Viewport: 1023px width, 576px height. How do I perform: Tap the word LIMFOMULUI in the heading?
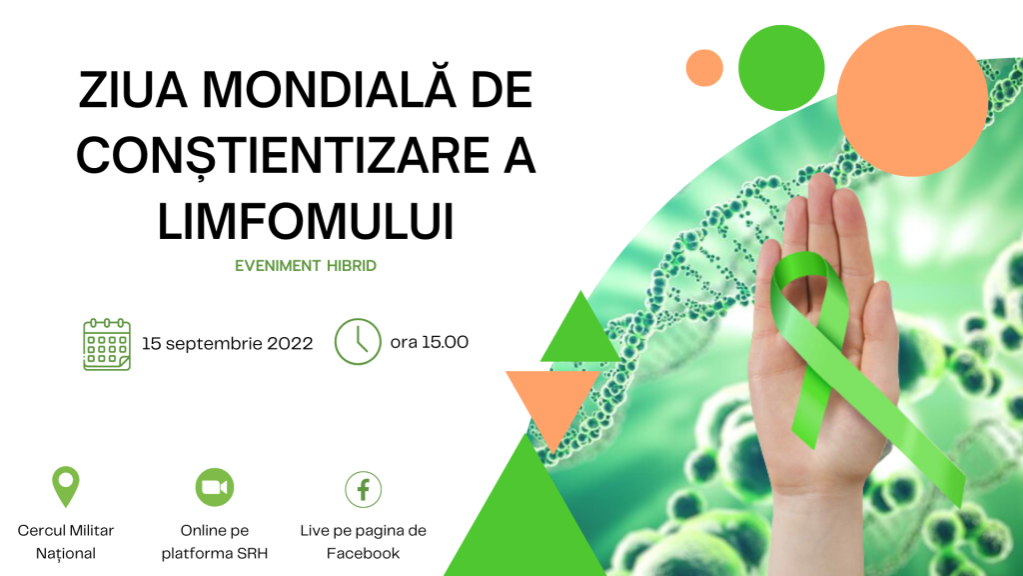pos(306,221)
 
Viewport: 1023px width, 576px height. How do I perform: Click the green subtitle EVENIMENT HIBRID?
pos(306,266)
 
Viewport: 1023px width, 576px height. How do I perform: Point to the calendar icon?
pos(107,344)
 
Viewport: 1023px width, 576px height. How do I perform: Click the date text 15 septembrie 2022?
pos(227,344)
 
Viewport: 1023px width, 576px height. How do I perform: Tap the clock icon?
pos(358,342)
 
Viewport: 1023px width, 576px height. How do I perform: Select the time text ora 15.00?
pos(430,342)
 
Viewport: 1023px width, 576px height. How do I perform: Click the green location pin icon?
pos(66,485)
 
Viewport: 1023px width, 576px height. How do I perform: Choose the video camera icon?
pos(215,487)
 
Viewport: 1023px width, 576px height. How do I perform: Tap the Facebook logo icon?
pos(364,489)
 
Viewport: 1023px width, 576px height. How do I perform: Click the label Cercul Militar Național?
pos(66,542)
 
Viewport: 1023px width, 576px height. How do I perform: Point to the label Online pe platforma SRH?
pos(215,542)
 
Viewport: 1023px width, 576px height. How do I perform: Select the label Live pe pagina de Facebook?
pos(364,542)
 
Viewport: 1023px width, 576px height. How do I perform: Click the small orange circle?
pos(704,68)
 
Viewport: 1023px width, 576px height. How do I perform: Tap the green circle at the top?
pos(781,68)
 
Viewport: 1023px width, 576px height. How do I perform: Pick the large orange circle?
pos(912,101)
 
